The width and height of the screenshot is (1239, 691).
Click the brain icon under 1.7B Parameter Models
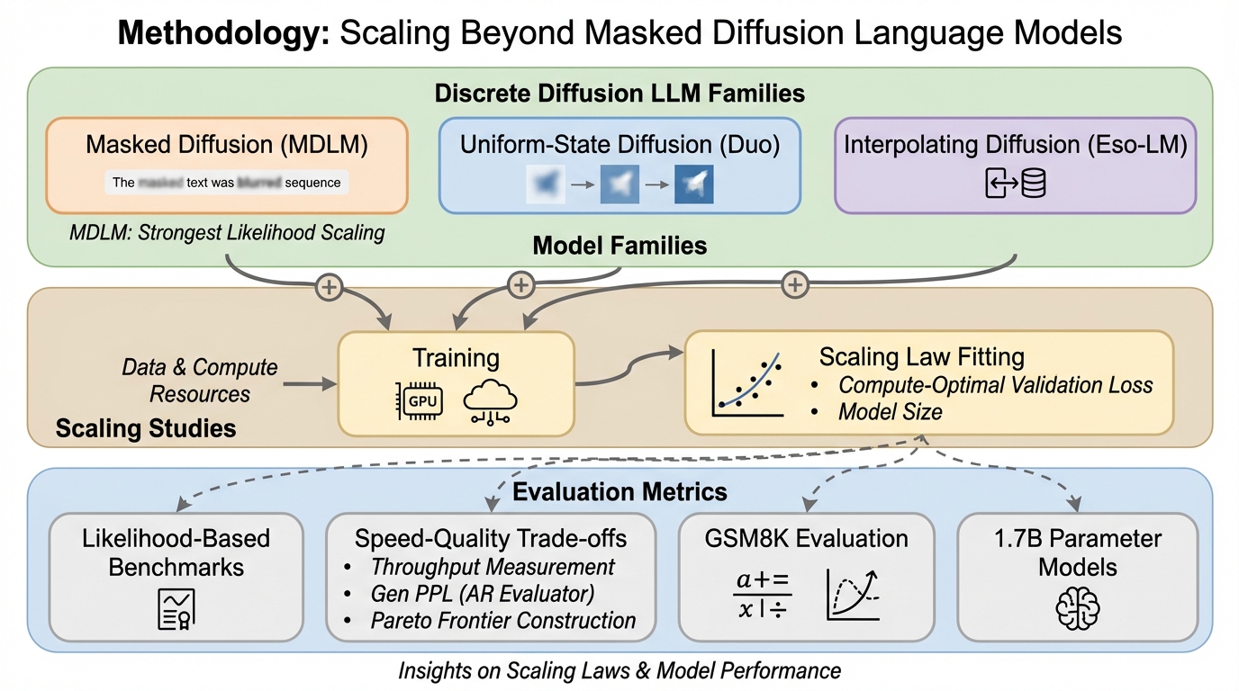(1077, 608)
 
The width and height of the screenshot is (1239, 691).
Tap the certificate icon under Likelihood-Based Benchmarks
(175, 608)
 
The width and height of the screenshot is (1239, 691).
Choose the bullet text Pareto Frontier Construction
(502, 620)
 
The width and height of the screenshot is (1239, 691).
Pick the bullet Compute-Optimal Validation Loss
(995, 385)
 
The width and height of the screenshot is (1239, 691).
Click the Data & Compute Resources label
(200, 381)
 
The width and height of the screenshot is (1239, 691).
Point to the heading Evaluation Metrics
(619, 491)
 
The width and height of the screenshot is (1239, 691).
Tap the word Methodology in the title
(222, 33)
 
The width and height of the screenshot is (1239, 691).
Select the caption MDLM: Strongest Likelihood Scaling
(227, 233)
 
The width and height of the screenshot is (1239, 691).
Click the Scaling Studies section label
(146, 427)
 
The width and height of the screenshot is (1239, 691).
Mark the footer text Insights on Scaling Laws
(619, 670)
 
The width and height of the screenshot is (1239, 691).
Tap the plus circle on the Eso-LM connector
(794, 285)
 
